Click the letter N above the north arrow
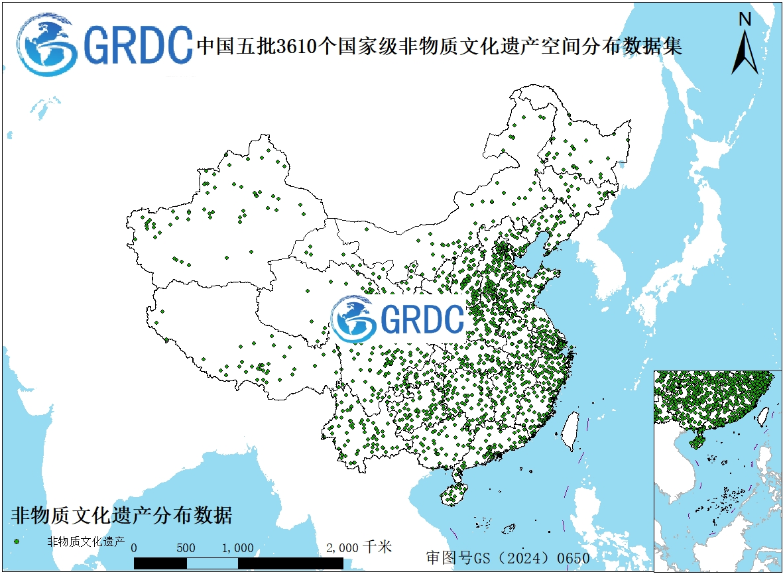[x=745, y=19]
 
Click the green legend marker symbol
[x=17, y=542]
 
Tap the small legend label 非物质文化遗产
[x=86, y=542]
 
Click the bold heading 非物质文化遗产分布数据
[x=122, y=515]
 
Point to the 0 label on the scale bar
[x=135, y=548]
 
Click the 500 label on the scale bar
[x=186, y=548]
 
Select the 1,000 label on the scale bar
[x=237, y=548]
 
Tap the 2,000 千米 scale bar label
[x=359, y=547]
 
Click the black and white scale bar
[x=238, y=563]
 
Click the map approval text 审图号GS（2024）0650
[x=508, y=557]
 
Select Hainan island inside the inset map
[x=697, y=439]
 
